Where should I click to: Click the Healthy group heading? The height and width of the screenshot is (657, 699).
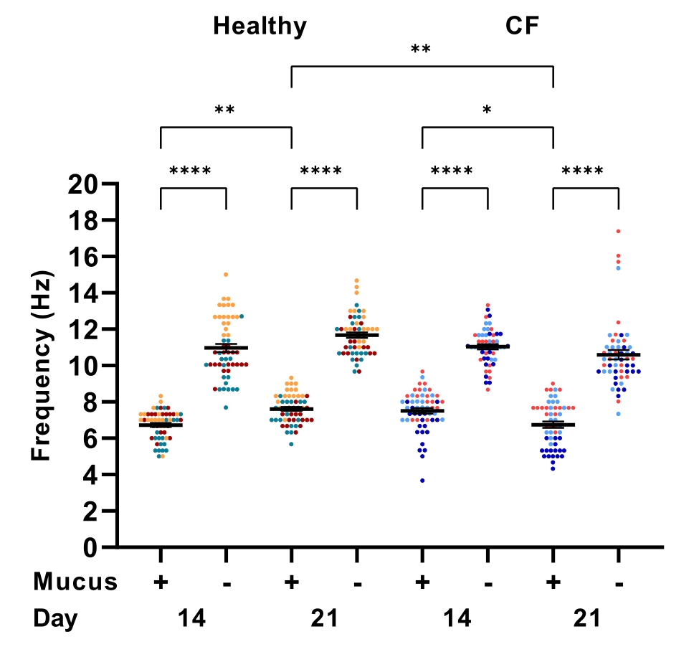coord(260,27)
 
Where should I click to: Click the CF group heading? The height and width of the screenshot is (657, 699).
coord(522,27)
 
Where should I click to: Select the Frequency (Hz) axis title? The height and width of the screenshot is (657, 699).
coord(42,366)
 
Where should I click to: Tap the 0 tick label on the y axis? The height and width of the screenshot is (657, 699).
coord(90,548)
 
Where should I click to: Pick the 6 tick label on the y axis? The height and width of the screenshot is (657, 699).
coord(90,439)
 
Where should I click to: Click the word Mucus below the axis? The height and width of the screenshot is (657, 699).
coord(75,582)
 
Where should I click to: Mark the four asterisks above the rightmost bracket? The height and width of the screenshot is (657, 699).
coord(582,172)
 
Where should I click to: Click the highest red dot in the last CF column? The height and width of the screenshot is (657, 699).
coord(618,231)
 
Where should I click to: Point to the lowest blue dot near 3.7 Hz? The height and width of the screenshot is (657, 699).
coord(422,481)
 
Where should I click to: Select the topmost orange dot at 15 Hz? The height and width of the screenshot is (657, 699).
coord(226,275)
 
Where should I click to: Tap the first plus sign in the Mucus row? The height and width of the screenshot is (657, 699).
coord(161,582)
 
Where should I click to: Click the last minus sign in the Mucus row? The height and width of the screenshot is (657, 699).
coord(619,583)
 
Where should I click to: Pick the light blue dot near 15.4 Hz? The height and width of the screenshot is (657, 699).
coord(618,268)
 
